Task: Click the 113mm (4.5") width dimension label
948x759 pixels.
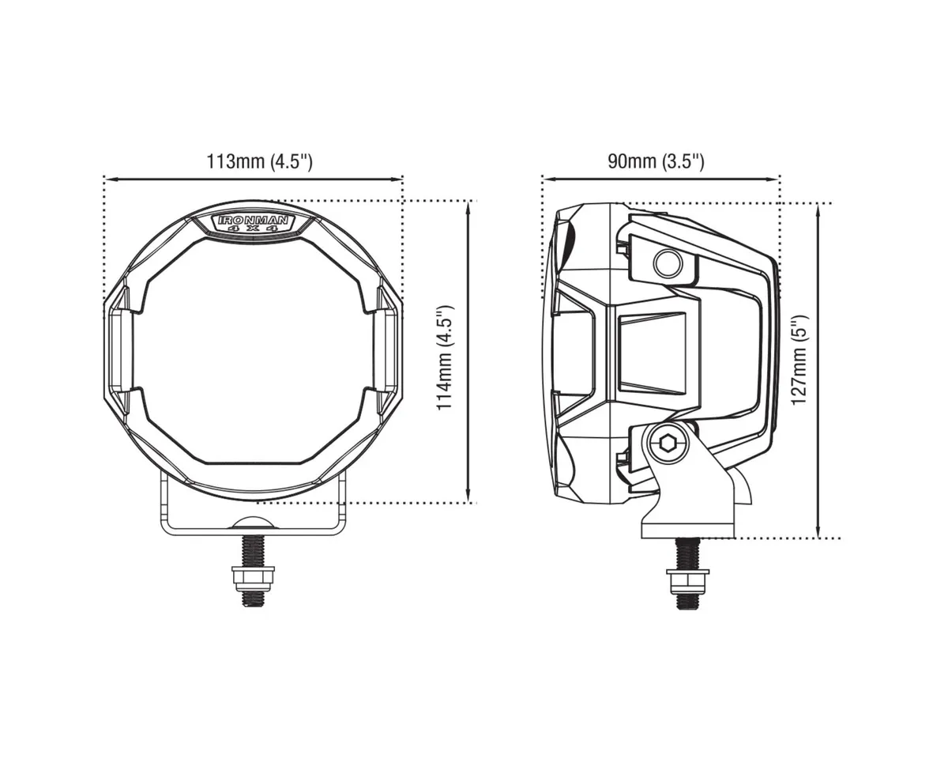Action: [x=260, y=162]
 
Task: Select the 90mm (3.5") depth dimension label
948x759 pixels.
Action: [x=655, y=162]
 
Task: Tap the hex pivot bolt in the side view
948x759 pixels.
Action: [x=668, y=444]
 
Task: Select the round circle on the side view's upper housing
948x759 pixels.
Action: [x=668, y=263]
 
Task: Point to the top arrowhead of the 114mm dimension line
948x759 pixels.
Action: [x=471, y=205]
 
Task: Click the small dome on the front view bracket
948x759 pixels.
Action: [x=253, y=523]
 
